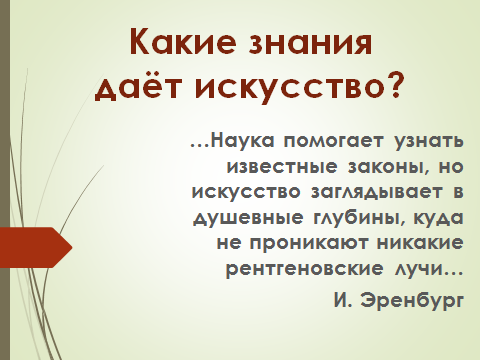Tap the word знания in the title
313,45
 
